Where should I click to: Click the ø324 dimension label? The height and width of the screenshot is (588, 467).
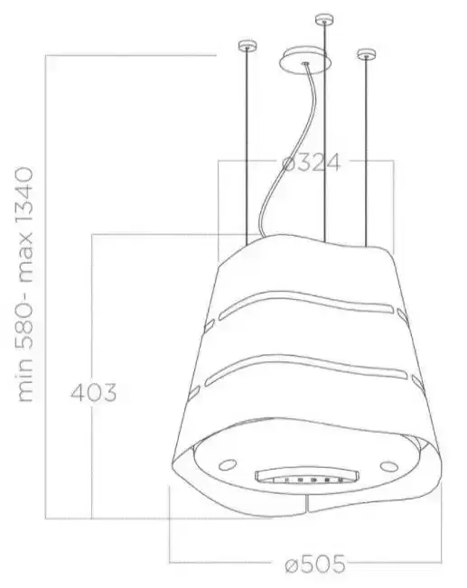pyautogui.click(x=311, y=163)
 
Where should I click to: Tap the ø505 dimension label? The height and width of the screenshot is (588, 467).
pyautogui.click(x=314, y=564)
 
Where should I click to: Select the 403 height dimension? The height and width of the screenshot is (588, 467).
pyautogui.click(x=94, y=392)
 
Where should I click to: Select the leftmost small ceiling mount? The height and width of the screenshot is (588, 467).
pyautogui.click(x=248, y=45)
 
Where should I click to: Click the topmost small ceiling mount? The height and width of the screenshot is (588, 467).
pyautogui.click(x=324, y=19)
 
